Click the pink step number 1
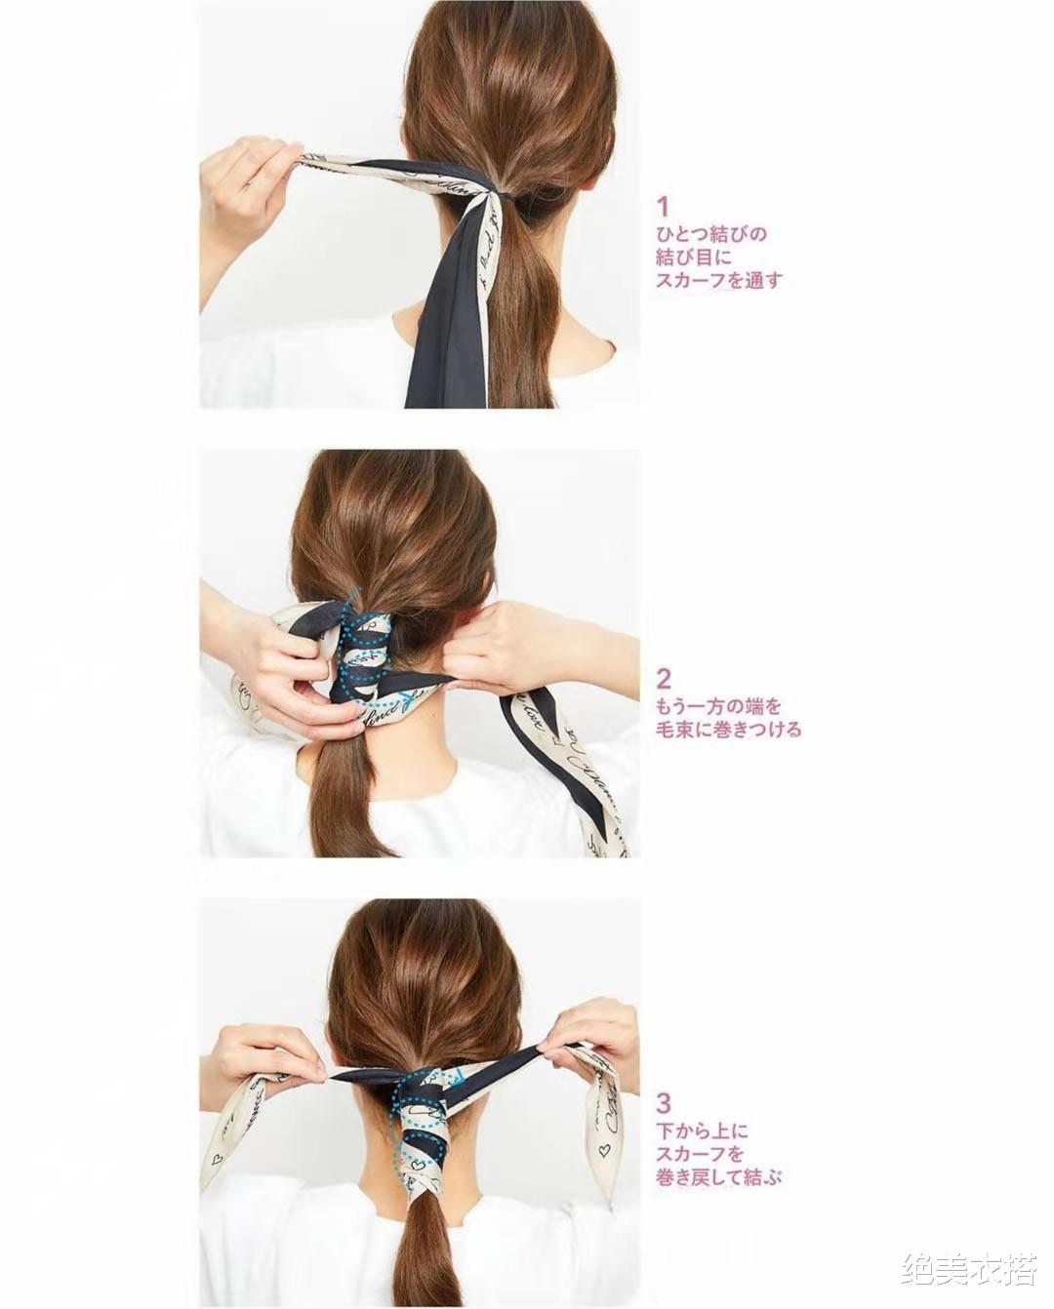click(x=663, y=208)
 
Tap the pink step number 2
click(x=664, y=678)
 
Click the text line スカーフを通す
click(x=718, y=280)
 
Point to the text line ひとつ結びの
click(x=710, y=234)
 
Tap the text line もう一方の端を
click(x=718, y=707)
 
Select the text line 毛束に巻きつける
click(x=728, y=730)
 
